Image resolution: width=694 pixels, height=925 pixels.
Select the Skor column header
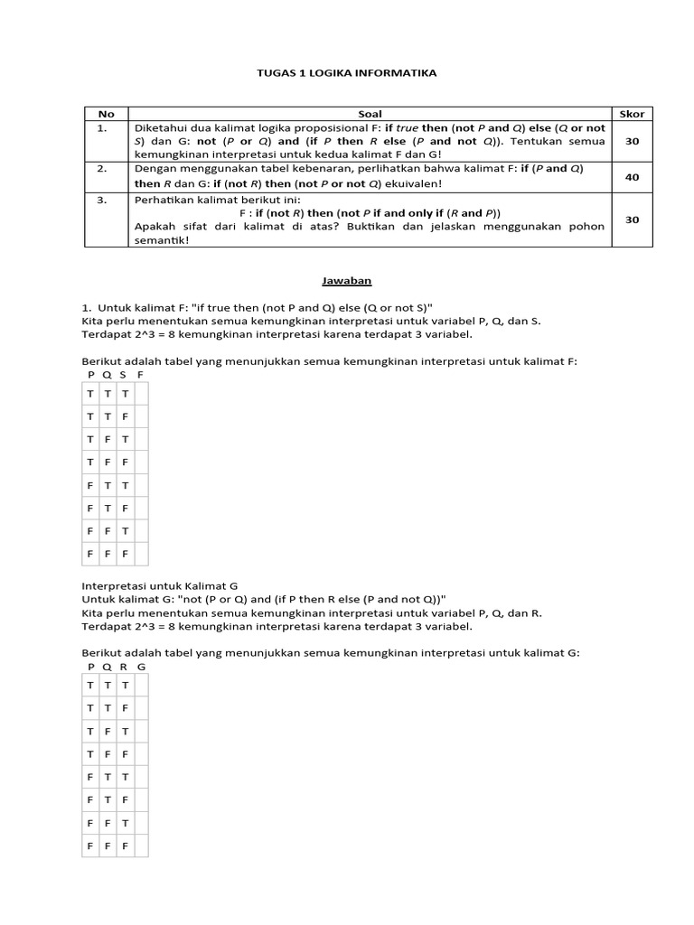coord(632,114)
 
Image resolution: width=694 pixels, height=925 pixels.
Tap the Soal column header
coord(370,114)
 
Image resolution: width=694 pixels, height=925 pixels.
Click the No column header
coord(106,114)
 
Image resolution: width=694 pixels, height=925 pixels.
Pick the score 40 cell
coord(632,177)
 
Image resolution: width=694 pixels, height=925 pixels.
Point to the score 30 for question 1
coord(632,141)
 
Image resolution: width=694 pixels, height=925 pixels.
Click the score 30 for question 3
coord(632,220)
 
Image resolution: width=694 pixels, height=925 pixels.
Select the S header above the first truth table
coord(123,373)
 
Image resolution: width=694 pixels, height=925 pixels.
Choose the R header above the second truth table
coord(124,666)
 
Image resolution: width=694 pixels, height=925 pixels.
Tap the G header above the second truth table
coord(141,666)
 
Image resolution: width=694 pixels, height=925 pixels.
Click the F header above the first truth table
coord(140,373)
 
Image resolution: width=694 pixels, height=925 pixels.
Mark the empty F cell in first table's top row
coord(140,394)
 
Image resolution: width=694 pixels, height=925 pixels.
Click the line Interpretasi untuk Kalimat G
coord(159,585)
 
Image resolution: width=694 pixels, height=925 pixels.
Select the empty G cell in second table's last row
coord(140,846)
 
